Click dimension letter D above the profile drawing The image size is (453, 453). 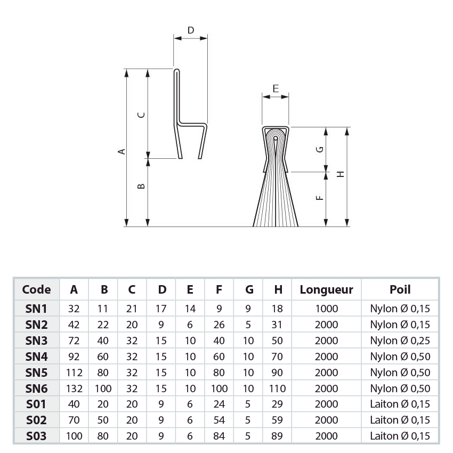[191, 30]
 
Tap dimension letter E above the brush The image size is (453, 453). [275, 88]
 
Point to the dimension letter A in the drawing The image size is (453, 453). [122, 151]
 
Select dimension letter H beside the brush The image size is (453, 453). [340, 174]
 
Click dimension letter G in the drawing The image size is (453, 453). [319, 150]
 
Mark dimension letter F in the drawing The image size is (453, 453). [319, 198]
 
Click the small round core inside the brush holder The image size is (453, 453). [275, 140]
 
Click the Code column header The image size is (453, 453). [37, 290]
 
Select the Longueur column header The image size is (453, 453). [326, 290]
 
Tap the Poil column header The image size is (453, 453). [400, 290]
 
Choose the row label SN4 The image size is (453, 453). [37, 357]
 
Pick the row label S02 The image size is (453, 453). [37, 420]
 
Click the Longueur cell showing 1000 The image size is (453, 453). [326, 309]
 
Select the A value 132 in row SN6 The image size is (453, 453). [75, 389]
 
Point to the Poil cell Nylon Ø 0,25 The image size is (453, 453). [400, 341]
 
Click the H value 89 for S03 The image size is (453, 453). [278, 436]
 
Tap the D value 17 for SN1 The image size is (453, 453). [162, 309]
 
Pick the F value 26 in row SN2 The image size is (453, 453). [220, 325]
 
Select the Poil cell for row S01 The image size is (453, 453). [400, 405]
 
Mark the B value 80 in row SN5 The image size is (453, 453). [104, 373]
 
